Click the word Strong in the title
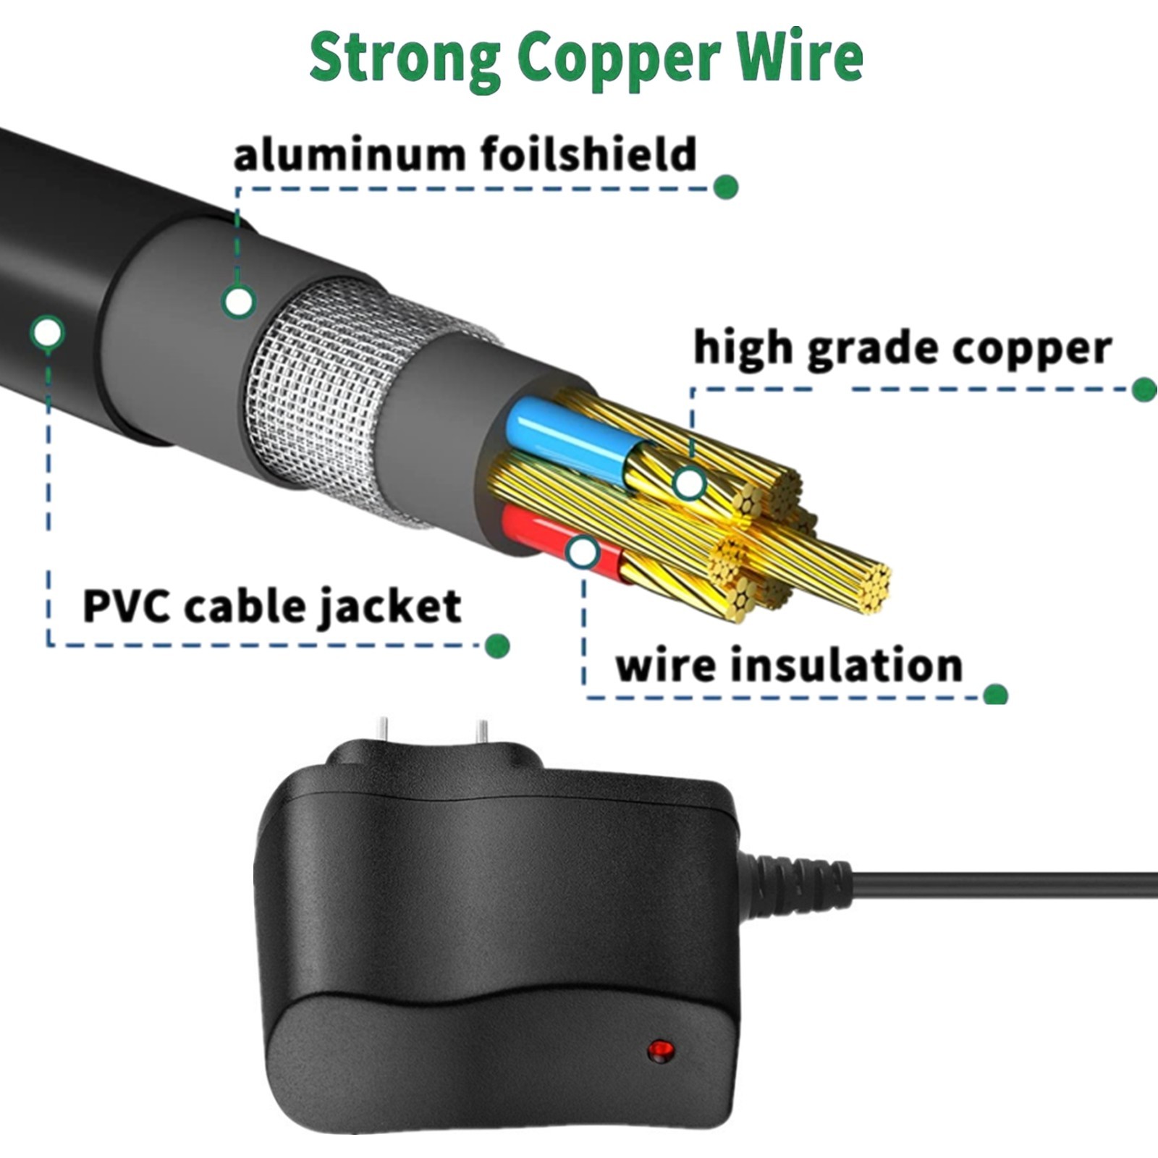[x=405, y=58]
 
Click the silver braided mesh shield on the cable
[x=326, y=384]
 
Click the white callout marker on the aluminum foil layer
[x=238, y=300]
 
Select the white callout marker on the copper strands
[x=688, y=483]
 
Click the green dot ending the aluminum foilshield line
[x=724, y=187]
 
